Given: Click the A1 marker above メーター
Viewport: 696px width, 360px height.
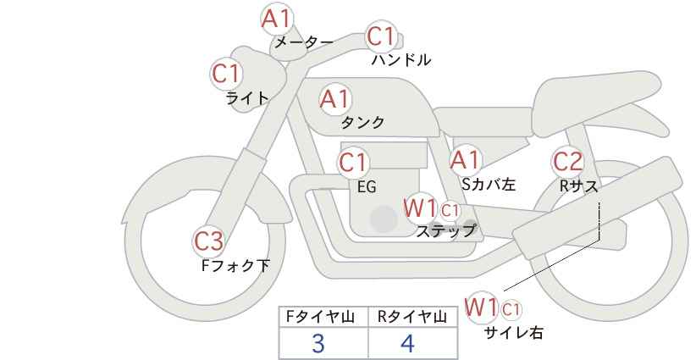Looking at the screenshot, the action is (x=276, y=19).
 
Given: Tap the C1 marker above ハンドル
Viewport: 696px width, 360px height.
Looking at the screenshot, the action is (x=381, y=36).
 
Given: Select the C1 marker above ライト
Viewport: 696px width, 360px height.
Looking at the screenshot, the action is (x=226, y=74).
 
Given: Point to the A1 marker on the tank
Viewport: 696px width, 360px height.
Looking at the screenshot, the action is (x=335, y=99).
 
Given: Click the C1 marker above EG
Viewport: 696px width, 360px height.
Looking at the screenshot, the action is (x=353, y=163).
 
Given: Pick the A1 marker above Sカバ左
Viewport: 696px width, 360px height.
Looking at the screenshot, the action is (x=465, y=160).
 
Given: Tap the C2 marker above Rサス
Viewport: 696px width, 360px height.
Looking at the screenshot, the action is (x=567, y=162).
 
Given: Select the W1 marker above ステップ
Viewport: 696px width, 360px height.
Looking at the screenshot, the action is (x=420, y=208).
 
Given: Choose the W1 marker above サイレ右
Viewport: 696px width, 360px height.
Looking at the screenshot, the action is (x=481, y=307).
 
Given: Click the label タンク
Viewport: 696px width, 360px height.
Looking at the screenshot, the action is (x=362, y=123).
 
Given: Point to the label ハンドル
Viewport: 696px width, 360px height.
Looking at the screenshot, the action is (x=400, y=59).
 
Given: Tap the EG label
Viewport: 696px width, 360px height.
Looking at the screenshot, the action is (x=367, y=187).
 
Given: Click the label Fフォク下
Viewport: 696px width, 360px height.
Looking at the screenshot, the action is (x=235, y=265).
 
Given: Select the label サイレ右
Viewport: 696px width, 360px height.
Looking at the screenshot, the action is (x=513, y=333).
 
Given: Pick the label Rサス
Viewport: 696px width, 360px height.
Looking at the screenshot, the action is (x=578, y=187).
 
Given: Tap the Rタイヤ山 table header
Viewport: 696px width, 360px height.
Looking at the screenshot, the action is (x=412, y=317).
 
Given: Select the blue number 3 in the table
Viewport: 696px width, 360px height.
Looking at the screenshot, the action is (x=318, y=344).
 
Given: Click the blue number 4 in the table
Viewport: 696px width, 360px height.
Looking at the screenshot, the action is (x=407, y=344).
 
